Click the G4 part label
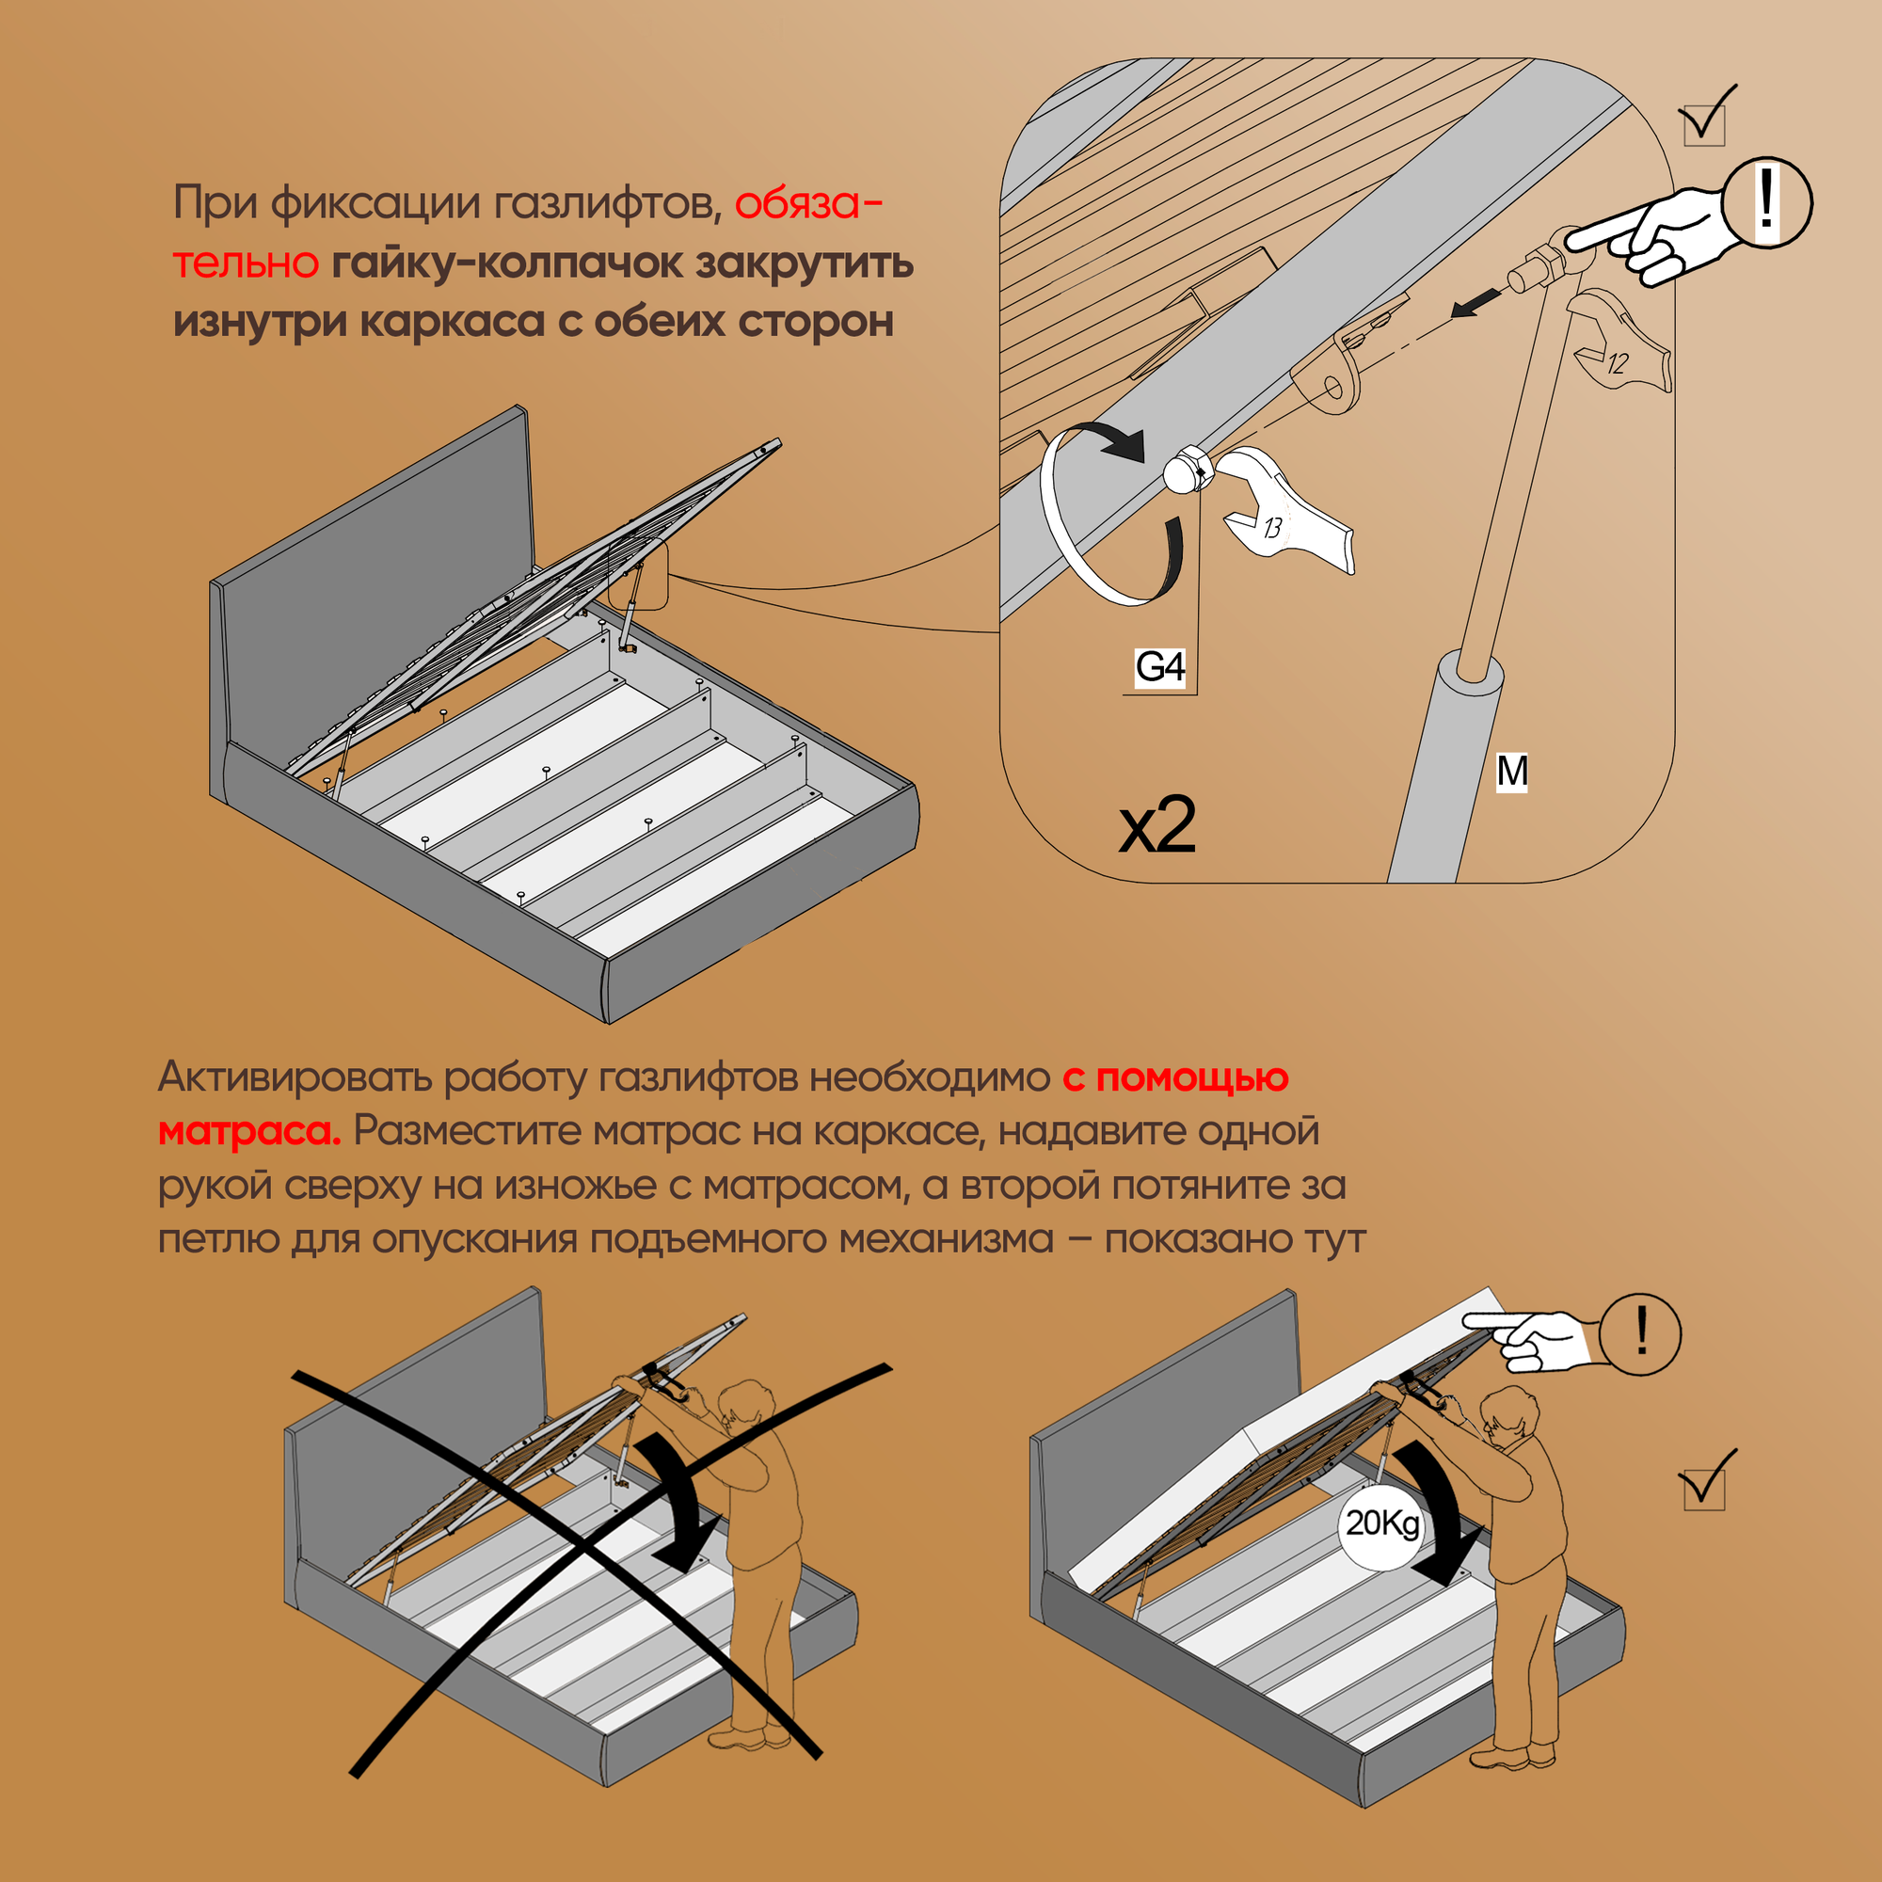click(x=1160, y=667)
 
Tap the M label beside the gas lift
click(x=1512, y=772)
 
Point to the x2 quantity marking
click(x=1157, y=826)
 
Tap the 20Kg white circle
click(x=1381, y=1523)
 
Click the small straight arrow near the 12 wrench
click(x=1475, y=304)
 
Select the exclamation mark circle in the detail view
click(x=1766, y=202)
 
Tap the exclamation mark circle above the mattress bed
click(x=1641, y=1334)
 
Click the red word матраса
click(x=249, y=1132)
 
